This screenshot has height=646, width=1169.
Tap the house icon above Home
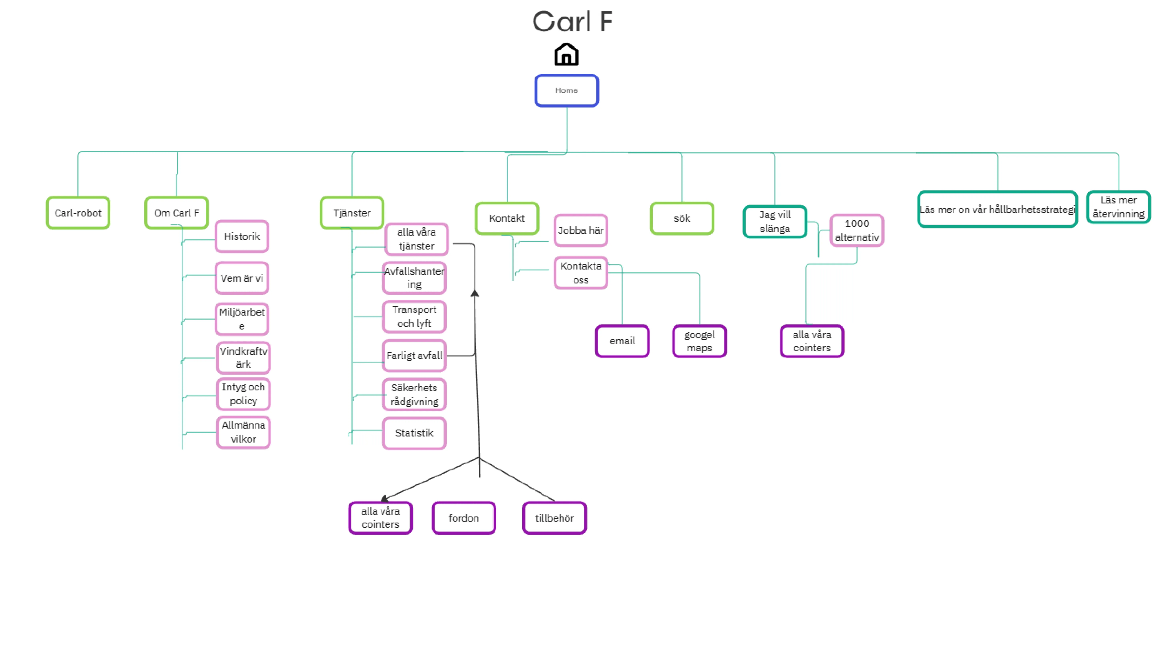point(566,54)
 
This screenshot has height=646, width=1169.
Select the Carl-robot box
point(78,213)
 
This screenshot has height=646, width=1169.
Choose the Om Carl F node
point(177,213)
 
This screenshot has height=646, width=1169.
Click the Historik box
point(242,236)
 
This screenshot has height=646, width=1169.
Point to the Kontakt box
point(507,218)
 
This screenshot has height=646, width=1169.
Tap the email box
point(622,341)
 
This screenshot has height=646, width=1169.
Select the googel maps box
point(699,341)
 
